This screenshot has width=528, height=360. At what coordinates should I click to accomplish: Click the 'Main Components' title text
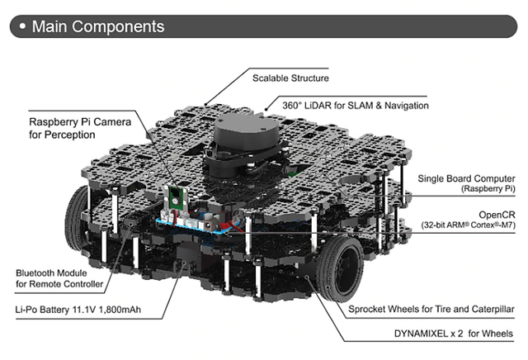[97, 26]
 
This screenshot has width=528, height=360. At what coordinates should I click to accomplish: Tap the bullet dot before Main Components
[19, 26]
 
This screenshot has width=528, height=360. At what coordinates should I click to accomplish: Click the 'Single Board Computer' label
[466, 178]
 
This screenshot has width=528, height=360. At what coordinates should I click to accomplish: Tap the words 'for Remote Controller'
[60, 284]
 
